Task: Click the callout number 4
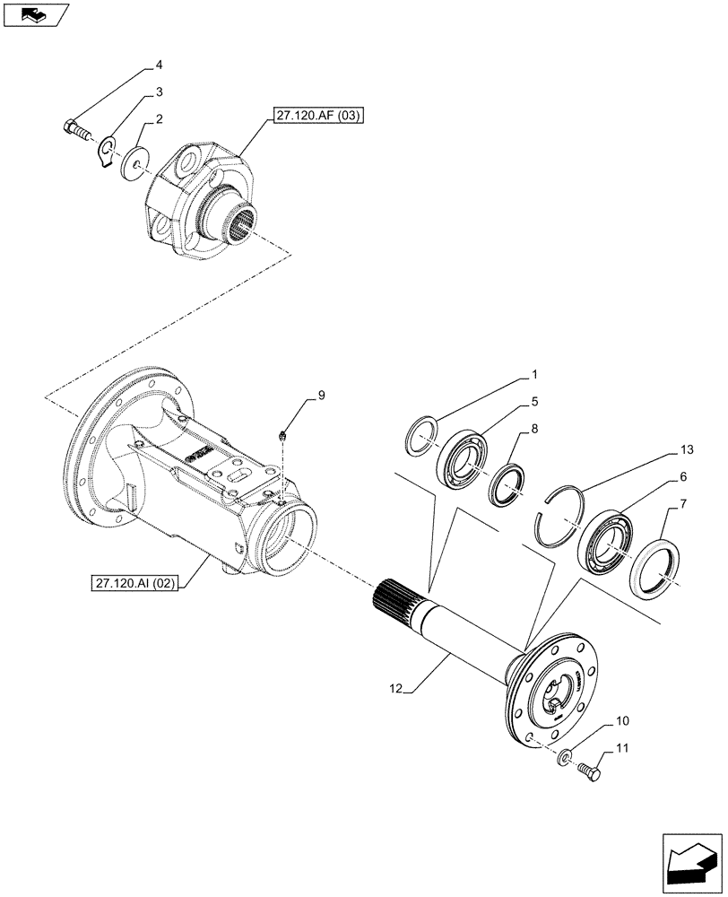click(x=159, y=65)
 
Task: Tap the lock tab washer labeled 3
click(x=108, y=150)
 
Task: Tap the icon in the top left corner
click(x=33, y=13)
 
